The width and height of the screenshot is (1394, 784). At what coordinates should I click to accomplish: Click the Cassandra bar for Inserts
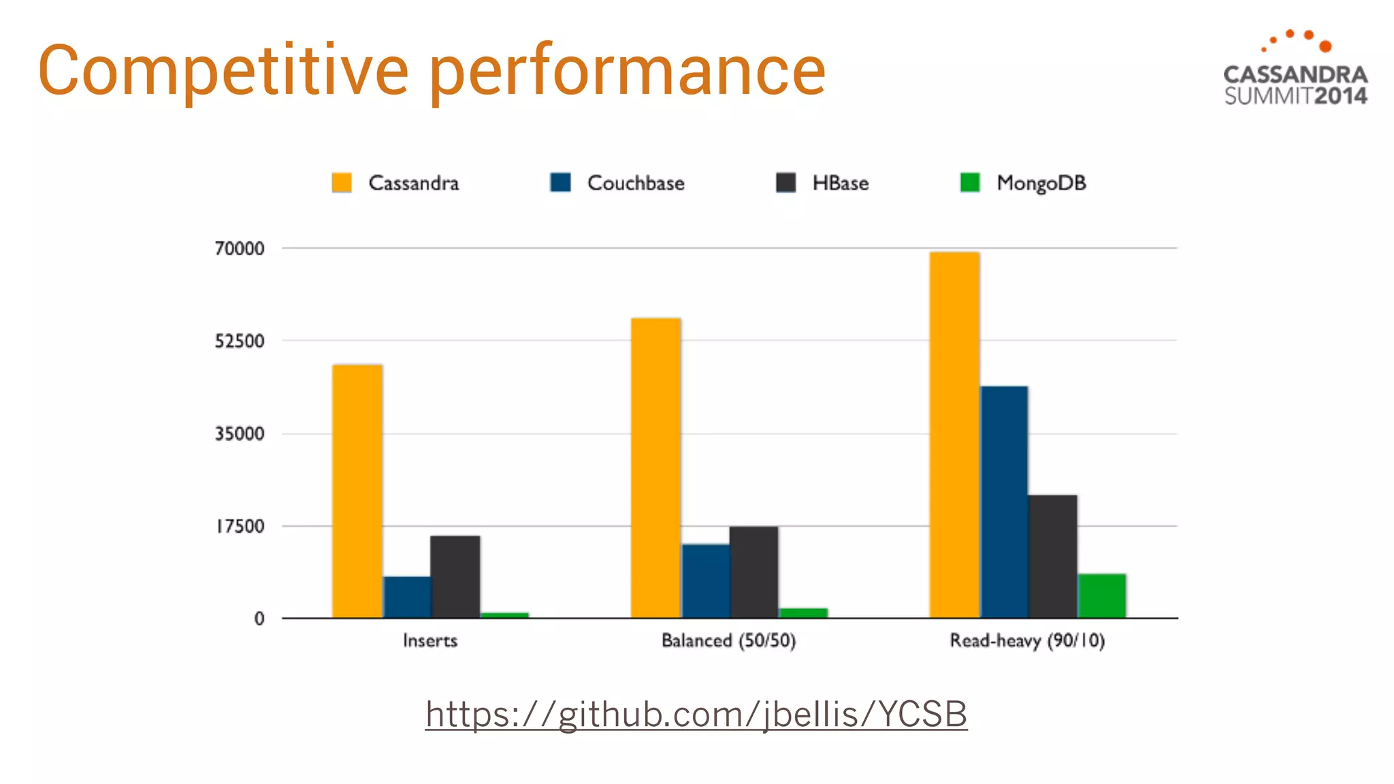357,491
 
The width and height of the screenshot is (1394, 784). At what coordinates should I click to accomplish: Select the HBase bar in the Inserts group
455,576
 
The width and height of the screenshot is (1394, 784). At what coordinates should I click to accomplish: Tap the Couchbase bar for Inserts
407,597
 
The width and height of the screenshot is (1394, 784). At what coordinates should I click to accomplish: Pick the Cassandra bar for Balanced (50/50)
655,468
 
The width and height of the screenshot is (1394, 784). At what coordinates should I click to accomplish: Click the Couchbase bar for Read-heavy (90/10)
1004,502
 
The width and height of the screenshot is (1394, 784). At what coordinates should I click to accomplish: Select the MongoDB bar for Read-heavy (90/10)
1102,595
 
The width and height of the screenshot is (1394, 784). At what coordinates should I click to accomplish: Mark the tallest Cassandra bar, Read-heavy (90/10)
954,435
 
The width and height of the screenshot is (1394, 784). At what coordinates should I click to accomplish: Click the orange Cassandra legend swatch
342,183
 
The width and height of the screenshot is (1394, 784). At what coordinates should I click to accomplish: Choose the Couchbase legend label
636,183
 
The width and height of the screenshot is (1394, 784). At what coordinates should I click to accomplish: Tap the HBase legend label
841,183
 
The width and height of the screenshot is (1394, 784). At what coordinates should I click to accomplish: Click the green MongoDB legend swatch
970,183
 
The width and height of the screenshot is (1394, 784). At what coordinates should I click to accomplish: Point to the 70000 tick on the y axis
240,248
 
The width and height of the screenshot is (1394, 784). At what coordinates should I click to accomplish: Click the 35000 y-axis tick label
240,434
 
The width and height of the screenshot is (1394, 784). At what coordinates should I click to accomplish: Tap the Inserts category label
430,640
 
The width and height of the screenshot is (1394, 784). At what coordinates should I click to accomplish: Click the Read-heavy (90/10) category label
1027,640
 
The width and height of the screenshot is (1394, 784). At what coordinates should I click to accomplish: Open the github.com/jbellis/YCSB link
696,715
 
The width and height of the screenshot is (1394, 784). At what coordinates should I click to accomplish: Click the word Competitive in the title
223,70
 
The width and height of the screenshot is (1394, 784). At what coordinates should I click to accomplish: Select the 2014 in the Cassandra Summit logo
1340,96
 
